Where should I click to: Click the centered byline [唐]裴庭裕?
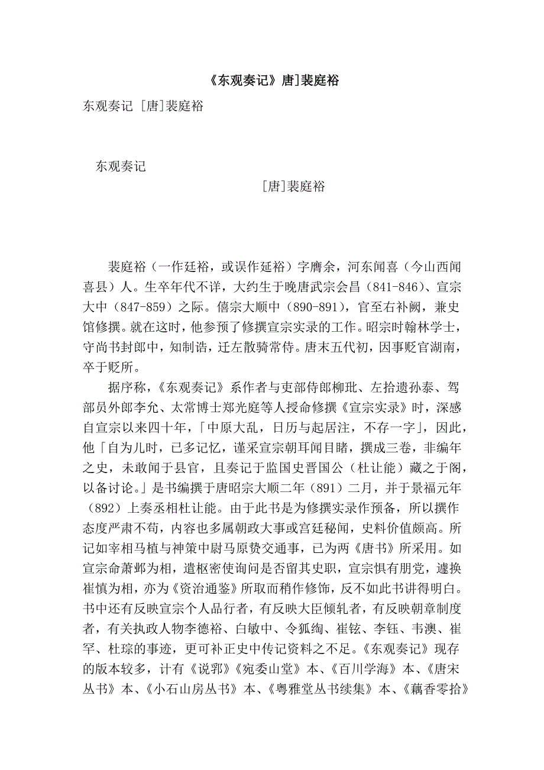293,187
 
